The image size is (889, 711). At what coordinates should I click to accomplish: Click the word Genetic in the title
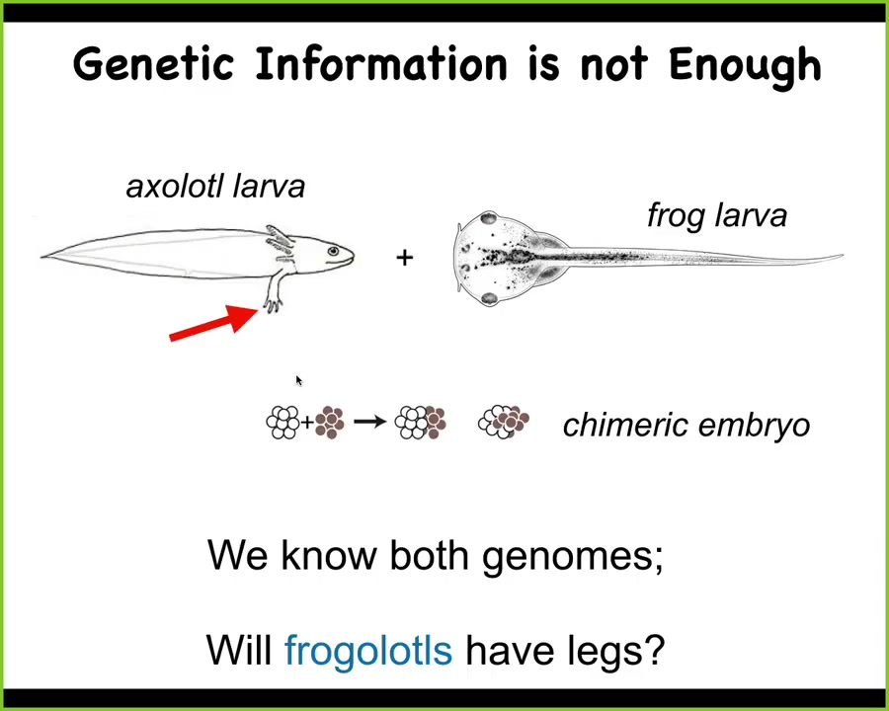(154, 63)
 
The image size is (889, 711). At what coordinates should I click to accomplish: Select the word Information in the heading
(381, 63)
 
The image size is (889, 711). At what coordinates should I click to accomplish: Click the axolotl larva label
(215, 187)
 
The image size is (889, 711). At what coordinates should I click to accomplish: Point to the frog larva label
(717, 216)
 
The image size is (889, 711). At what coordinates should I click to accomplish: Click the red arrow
(213, 323)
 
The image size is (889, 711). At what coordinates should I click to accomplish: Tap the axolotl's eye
(334, 251)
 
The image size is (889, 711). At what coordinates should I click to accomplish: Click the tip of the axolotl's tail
(41, 257)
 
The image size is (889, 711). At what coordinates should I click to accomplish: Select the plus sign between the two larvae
(405, 258)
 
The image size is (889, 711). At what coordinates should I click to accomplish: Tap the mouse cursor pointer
(299, 380)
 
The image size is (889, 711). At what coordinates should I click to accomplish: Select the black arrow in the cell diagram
(370, 422)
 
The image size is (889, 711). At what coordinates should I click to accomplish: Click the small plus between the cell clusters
(307, 423)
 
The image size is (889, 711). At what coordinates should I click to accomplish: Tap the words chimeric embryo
(687, 426)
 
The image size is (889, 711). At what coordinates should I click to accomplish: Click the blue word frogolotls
(368, 650)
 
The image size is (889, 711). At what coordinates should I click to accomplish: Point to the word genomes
(573, 557)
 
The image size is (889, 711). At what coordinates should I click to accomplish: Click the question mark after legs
(653, 649)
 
